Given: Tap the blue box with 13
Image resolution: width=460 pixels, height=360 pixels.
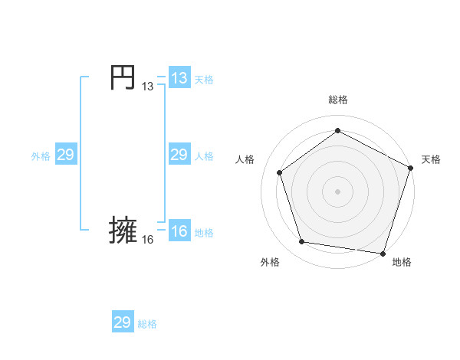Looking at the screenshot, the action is [179, 78].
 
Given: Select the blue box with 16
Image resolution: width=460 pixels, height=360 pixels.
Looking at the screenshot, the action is [179, 231].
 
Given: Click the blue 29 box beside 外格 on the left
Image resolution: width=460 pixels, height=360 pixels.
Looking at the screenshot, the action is [66, 155].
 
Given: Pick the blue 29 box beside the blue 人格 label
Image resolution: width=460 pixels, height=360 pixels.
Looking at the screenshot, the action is [179, 155].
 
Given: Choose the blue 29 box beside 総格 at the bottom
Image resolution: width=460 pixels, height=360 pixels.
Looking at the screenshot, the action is [123, 322].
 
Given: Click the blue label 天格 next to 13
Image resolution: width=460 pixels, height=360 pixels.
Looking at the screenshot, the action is [204, 80].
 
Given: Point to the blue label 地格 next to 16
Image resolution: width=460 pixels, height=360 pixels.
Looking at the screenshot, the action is [204, 233].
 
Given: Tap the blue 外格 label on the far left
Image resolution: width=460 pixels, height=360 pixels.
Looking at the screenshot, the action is [41, 156].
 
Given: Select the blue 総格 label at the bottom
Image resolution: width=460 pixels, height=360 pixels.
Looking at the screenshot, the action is [147, 324].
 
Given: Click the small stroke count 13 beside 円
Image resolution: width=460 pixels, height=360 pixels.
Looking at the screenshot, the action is [147, 87].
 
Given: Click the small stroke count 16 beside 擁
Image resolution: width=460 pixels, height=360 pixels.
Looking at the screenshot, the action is [147, 241].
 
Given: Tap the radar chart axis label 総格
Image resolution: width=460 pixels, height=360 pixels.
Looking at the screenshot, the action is [338, 100].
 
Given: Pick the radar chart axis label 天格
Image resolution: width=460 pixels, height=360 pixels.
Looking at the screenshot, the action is [431, 159].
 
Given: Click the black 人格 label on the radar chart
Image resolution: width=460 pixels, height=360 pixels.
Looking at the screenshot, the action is [245, 159].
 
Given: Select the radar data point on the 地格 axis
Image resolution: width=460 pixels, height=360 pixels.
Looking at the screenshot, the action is [383, 253].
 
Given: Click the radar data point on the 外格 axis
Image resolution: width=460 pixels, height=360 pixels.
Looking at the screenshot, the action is [302, 242].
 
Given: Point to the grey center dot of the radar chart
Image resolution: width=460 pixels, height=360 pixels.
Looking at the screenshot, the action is [337, 191].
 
